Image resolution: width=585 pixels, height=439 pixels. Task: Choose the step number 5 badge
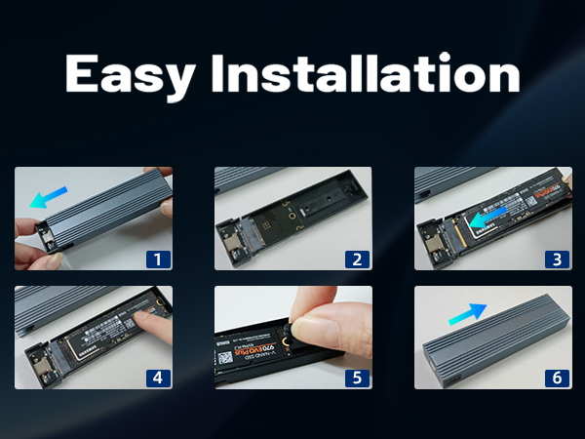click(358, 376)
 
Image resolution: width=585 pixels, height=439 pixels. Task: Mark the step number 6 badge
click(557, 376)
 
